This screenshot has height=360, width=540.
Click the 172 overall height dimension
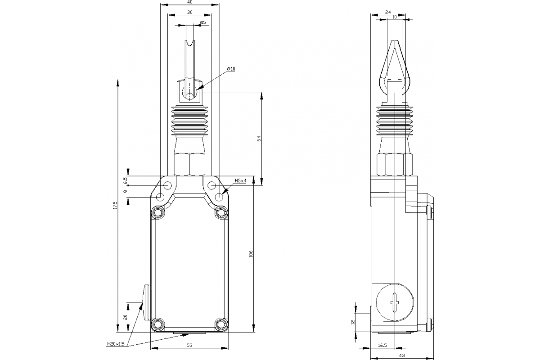coord(115,206)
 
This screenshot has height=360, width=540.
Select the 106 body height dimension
coord(251,254)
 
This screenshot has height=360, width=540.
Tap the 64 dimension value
coord(259,139)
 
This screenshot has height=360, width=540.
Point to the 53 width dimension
coord(190,345)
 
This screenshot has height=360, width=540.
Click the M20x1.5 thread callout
coord(116,344)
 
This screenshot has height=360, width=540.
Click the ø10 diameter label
coord(231,69)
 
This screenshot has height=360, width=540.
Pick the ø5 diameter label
coord(202,22)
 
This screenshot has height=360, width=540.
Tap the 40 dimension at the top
coord(190,2)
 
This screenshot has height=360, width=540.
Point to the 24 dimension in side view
coord(388,12)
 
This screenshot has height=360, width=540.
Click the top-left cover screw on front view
coord(157,212)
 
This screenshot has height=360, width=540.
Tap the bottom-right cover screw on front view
coord(221,324)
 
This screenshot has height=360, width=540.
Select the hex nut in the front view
coord(189,164)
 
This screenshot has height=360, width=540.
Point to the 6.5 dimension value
coord(126,180)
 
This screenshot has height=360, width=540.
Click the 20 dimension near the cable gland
coord(126,316)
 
